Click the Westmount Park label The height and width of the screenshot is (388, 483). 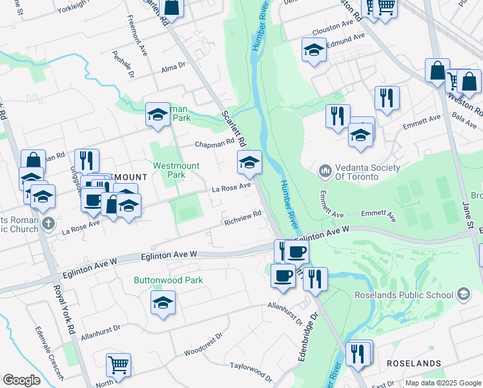pos(176,170)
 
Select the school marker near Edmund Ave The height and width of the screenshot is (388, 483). pos(314,50)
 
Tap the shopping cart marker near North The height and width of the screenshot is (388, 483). pos(118,365)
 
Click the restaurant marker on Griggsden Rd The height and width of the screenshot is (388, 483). pos(87,161)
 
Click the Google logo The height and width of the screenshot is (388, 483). pos(21,380)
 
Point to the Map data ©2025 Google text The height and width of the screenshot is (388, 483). pos(442,383)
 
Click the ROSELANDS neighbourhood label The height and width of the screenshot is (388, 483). pos(413,364)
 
